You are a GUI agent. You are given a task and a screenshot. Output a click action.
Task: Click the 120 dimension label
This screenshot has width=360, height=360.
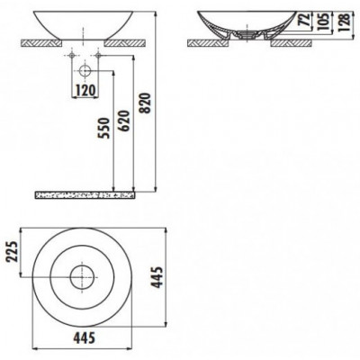tap(85, 90)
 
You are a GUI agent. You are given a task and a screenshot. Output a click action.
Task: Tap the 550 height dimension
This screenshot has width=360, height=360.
tap(104, 128)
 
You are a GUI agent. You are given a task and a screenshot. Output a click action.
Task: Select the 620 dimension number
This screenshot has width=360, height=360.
tap(125, 121)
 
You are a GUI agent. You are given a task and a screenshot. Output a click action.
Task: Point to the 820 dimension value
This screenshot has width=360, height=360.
tap(146, 103)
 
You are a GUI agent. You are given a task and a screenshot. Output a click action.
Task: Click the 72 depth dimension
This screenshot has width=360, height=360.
tap(305, 21)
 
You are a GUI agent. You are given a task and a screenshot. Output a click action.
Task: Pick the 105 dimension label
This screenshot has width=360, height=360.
tap(325, 22)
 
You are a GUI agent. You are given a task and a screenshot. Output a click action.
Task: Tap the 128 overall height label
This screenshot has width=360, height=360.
tap(345, 22)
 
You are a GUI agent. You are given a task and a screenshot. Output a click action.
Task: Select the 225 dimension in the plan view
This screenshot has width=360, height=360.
tap(13, 251)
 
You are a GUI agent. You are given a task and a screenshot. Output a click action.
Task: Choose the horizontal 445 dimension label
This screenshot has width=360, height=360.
tap(85, 337)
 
